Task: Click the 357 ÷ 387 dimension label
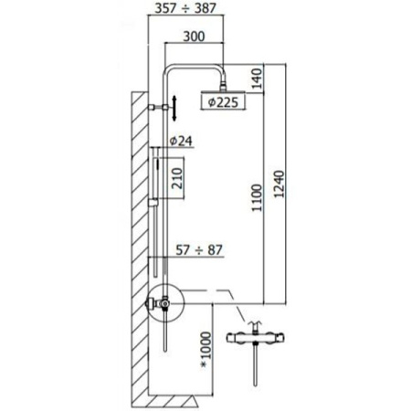[x=185, y=8]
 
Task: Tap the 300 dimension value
[x=194, y=37]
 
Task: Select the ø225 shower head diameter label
[x=223, y=102]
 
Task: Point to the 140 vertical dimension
[x=257, y=79]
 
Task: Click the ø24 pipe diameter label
[x=181, y=141]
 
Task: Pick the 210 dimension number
[x=177, y=178]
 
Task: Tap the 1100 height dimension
[x=257, y=197]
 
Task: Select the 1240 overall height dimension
[x=279, y=184]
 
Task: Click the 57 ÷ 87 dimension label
[x=199, y=250]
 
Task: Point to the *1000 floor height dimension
[x=206, y=350]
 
